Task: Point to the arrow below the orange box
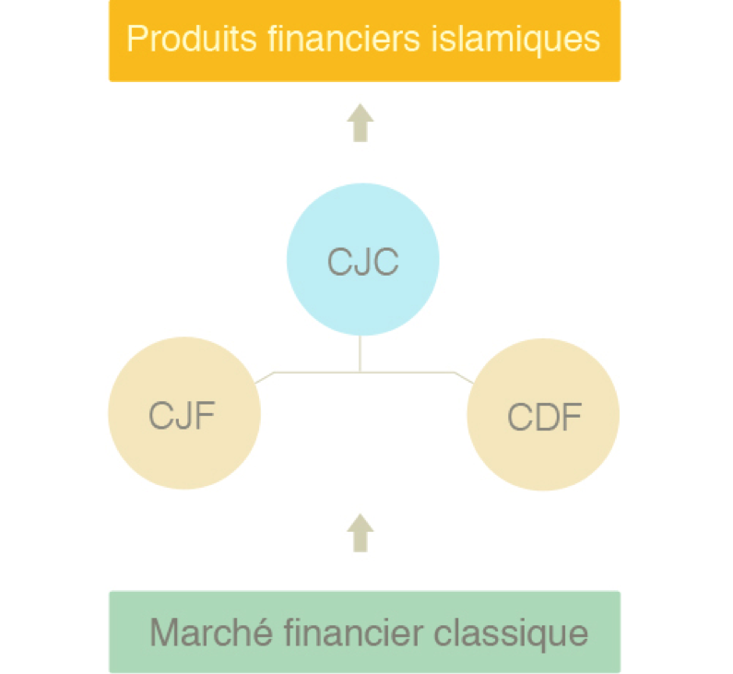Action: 361,123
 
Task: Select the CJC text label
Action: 362,262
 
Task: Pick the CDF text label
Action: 544,418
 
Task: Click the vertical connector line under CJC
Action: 361,354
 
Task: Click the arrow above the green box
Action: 361,533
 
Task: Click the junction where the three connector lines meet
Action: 361,372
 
